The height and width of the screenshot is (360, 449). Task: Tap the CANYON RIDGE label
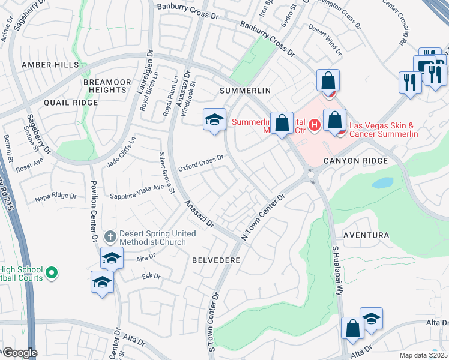tap(355, 161)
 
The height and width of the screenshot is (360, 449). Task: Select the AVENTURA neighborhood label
tap(366, 235)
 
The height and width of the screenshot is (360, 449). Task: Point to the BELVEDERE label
tap(216, 260)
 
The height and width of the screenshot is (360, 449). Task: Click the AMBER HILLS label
tap(50, 64)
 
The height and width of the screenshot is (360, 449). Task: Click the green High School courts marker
tap(52, 274)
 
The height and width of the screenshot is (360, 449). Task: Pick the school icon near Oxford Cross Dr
tap(214, 120)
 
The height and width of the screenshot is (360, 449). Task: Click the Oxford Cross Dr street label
tap(200, 162)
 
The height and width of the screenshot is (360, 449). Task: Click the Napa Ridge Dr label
tap(56, 196)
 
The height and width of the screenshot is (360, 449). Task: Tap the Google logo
tap(19, 353)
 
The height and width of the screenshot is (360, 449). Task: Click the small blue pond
tap(382, 182)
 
